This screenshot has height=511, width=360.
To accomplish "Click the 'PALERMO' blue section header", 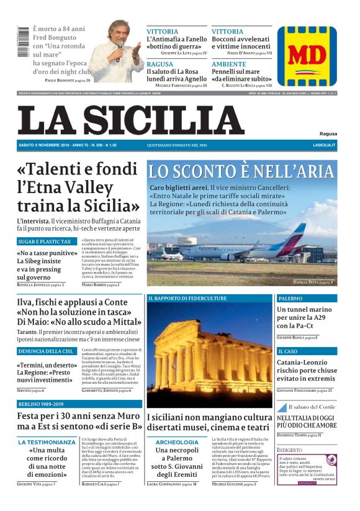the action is coord(290,299).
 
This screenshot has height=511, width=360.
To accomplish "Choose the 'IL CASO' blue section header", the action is coord(287,351).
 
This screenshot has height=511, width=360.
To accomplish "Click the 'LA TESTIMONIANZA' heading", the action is coord(47,443).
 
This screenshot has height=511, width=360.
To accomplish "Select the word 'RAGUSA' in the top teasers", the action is coord(160,64).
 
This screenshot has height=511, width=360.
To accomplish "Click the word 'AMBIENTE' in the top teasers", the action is coord(228,64).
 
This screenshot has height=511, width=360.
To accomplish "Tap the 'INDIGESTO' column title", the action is coord(290,450).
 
